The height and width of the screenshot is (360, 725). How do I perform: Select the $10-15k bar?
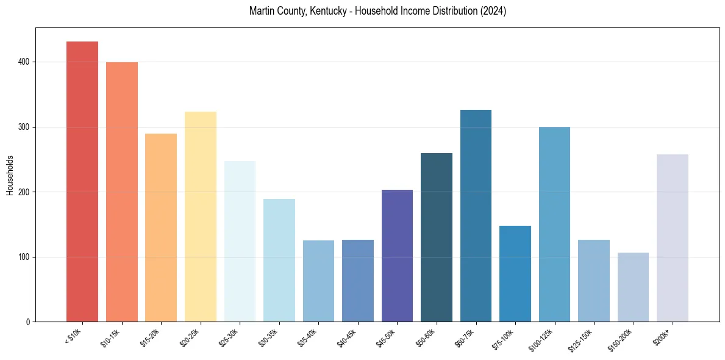[121, 192]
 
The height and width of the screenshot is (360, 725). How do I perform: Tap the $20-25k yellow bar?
[200, 217]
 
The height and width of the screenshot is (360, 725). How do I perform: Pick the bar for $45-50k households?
[397, 256]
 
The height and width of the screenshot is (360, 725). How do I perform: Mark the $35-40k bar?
[318, 281]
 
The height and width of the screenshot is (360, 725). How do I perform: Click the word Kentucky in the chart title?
[309, 11]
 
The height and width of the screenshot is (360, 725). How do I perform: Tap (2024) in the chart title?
[493, 11]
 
